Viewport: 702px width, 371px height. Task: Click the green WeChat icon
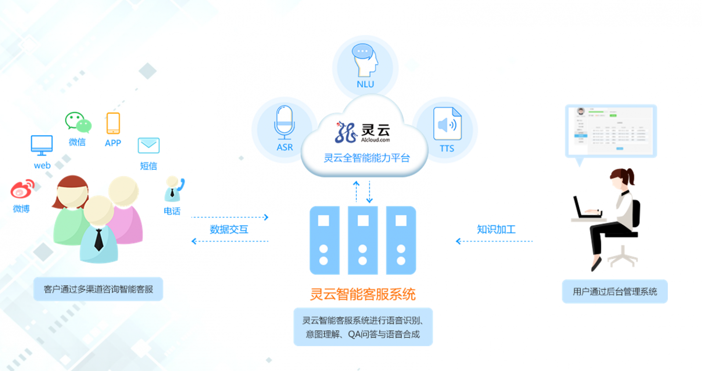(78, 122)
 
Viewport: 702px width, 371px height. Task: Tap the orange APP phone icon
(113, 123)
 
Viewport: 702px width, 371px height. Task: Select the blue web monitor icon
(42, 145)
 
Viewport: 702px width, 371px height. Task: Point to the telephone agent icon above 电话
(174, 189)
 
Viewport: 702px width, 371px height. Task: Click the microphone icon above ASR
(284, 122)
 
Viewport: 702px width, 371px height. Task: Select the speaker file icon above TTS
(447, 124)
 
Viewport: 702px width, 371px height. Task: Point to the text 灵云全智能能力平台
(366, 158)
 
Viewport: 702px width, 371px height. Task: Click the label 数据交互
(229, 229)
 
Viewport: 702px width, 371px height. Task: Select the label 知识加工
(496, 229)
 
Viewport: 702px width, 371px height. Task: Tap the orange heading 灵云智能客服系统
(363, 294)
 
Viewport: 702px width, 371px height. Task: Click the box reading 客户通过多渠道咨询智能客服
(98, 289)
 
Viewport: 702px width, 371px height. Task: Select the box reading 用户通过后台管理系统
(615, 292)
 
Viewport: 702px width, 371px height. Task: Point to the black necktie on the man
(99, 239)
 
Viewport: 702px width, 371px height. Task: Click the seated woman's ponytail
(630, 176)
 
